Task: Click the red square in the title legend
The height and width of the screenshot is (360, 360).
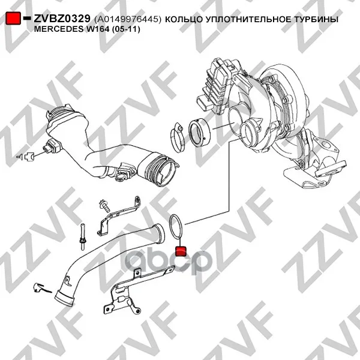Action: (13, 19)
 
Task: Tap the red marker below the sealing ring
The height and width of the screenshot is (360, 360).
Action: (181, 251)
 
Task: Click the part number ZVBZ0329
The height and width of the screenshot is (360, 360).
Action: (62, 19)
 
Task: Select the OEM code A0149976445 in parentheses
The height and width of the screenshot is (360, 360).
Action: (128, 20)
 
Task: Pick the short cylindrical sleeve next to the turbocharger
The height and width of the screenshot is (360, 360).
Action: (199, 133)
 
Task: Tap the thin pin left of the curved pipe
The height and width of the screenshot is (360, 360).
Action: (82, 236)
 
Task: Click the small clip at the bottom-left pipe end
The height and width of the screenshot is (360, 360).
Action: (41, 288)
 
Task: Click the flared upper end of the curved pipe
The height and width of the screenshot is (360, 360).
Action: (159, 233)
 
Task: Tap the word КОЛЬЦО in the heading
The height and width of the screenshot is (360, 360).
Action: (183, 20)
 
